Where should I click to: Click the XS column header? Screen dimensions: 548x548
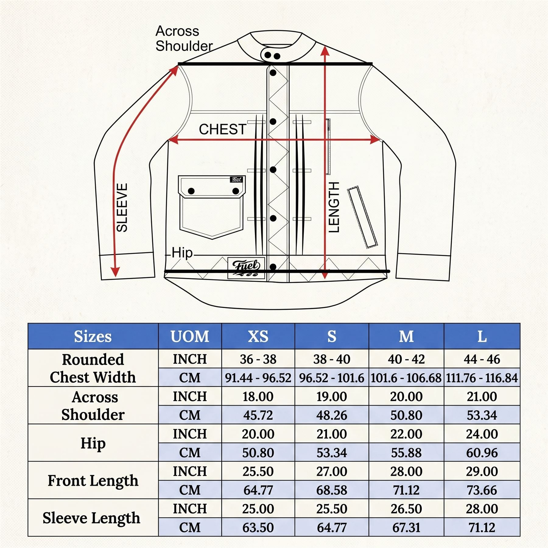(258, 336)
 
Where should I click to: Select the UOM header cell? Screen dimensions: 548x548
(190, 336)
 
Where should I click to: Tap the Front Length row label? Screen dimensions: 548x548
(93, 481)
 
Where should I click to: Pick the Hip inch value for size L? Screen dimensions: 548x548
(482, 434)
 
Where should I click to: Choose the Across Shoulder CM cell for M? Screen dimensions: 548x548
(406, 415)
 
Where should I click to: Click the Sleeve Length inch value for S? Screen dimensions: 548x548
(332, 509)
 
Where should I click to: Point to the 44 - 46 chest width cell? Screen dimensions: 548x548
(482, 359)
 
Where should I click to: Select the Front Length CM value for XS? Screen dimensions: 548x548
(258, 490)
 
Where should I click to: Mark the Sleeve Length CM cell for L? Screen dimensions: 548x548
(482, 528)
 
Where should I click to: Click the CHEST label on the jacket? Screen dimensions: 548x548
(223, 129)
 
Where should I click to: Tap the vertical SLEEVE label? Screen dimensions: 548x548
(122, 208)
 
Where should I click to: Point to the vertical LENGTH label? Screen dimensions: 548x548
(334, 207)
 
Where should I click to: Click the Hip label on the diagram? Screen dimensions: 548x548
(182, 253)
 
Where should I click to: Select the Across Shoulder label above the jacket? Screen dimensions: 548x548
(184, 38)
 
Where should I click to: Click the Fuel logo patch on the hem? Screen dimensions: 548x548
(246, 268)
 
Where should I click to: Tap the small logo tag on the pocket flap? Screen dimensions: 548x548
(237, 179)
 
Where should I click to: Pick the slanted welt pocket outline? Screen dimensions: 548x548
(362, 217)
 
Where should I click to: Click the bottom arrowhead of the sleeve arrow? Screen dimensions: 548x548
(115, 272)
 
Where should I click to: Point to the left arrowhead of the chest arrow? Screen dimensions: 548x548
(173, 140)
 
